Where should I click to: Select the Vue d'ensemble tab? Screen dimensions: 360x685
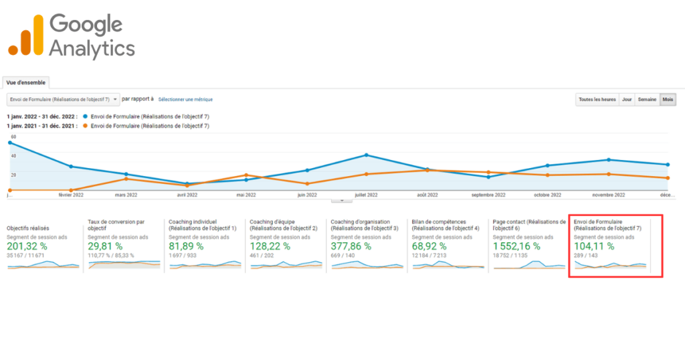26,82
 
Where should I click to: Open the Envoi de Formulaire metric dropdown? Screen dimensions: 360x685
63,99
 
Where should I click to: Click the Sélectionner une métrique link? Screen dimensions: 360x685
185,99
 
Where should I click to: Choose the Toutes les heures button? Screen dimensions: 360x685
597,100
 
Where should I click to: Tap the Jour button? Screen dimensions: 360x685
627,100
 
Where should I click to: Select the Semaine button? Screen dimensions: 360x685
647,100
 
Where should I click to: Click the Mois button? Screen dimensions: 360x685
668,100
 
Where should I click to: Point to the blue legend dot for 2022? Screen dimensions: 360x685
86,116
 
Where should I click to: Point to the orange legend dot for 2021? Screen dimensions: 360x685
86,126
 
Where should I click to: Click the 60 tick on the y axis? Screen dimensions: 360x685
13,137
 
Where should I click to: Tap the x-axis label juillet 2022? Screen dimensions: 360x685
367,195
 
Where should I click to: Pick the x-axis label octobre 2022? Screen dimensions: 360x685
547,195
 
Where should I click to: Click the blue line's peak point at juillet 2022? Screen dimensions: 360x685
367,155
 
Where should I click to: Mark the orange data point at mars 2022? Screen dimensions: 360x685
126,179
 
